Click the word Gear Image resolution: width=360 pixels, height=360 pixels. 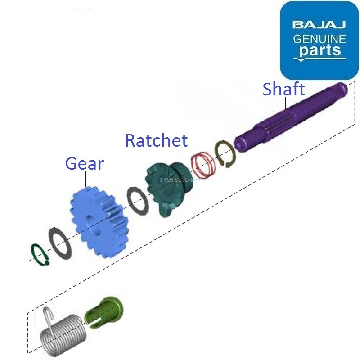[x=85, y=163]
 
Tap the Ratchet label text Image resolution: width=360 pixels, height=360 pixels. [x=156, y=140]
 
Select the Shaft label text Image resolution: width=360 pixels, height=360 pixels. [x=283, y=89]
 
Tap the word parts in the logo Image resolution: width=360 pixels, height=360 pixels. [x=320, y=50]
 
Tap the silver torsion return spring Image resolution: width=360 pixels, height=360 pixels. [x=63, y=333]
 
